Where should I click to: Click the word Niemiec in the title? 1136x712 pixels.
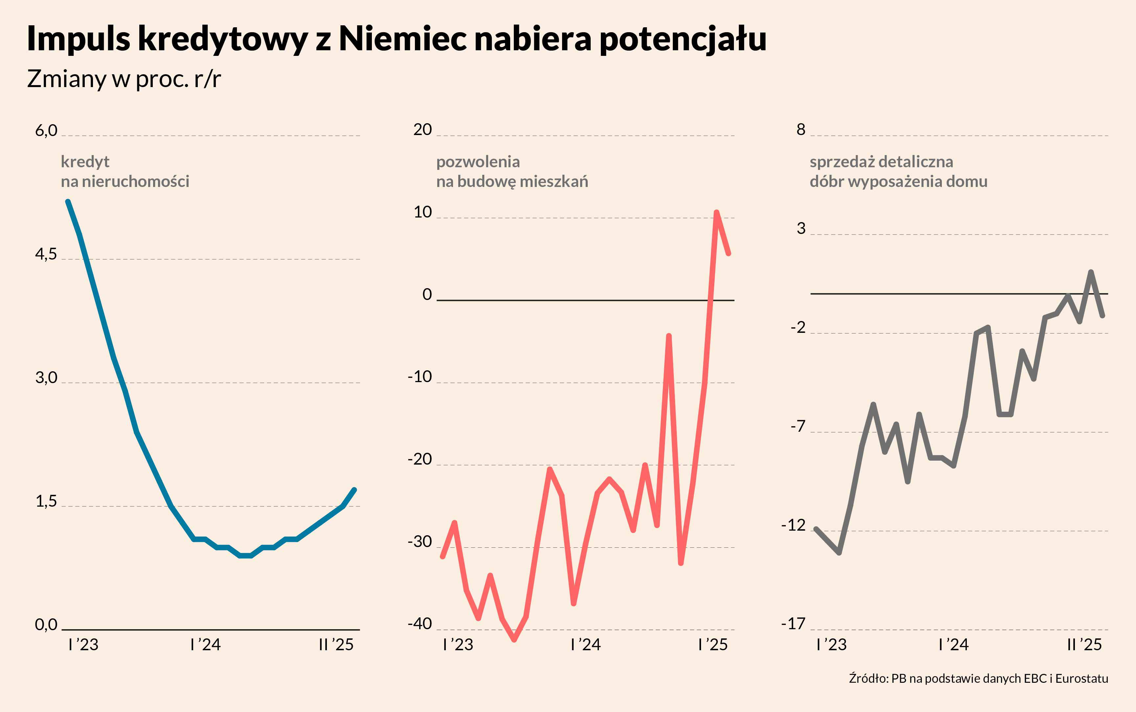tap(402, 39)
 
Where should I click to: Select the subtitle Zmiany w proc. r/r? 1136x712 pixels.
tap(124, 79)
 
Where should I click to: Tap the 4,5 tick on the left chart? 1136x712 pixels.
tap(46, 255)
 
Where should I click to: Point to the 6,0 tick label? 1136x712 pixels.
tap(46, 130)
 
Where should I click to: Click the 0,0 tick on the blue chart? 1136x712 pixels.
tap(46, 625)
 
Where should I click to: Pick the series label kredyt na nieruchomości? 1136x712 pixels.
tap(125, 172)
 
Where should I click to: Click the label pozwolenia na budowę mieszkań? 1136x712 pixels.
tap(512, 172)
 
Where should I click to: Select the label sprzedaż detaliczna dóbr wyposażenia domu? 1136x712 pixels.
tap(898, 172)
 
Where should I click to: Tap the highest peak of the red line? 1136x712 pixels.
tap(716, 212)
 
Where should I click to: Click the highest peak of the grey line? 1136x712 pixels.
tap(1091, 272)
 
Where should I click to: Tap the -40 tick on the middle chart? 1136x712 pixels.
tap(420, 624)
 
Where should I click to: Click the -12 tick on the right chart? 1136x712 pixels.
tap(794, 525)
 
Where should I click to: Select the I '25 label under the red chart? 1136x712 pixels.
tap(713, 645)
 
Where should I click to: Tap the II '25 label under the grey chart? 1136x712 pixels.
tap(1084, 645)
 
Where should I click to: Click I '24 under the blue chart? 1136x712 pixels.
tap(205, 645)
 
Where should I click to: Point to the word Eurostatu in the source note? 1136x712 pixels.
tap(1081, 678)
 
